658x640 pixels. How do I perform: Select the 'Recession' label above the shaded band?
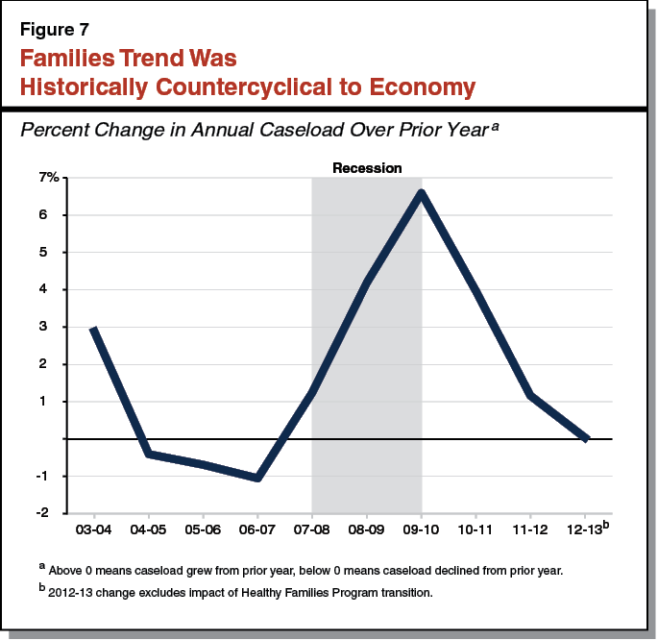tap(367, 168)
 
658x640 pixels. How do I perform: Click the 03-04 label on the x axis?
tap(92, 529)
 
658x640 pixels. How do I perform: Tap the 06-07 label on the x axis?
tap(257, 529)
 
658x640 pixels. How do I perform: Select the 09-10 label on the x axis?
tap(422, 529)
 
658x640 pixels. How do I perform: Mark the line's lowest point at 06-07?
tap(257, 478)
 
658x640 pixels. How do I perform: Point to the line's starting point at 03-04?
tap(92, 329)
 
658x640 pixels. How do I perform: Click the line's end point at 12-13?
tap(587, 438)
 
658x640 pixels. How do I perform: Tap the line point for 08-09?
tap(367, 282)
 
